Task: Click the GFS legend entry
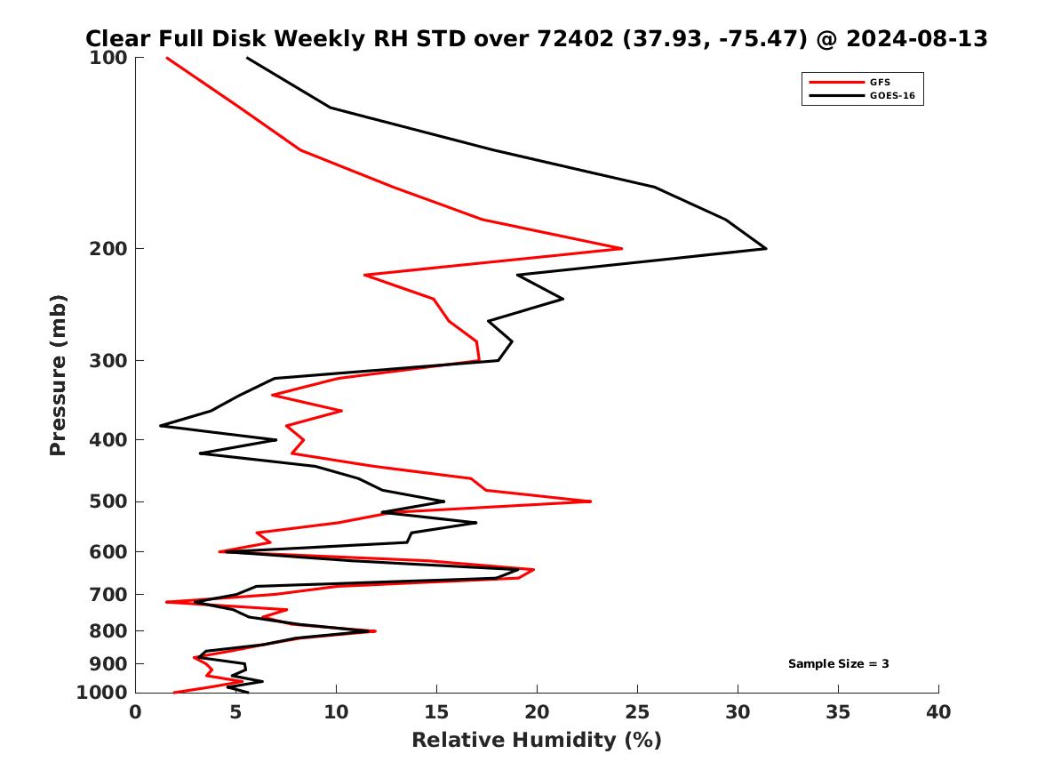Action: (x=880, y=83)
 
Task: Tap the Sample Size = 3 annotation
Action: (x=838, y=663)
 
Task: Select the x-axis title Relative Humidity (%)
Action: (x=536, y=740)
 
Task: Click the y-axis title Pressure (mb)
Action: (x=59, y=374)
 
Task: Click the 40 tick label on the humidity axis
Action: (x=938, y=712)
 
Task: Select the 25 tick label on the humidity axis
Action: (x=637, y=712)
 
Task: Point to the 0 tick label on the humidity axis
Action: (x=136, y=712)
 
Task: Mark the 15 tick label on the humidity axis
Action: (x=436, y=712)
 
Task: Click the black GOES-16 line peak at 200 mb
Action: (x=766, y=248)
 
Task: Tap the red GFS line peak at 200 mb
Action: (x=621, y=248)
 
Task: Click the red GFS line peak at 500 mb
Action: (x=590, y=501)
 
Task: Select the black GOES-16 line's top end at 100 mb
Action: (x=247, y=58)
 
